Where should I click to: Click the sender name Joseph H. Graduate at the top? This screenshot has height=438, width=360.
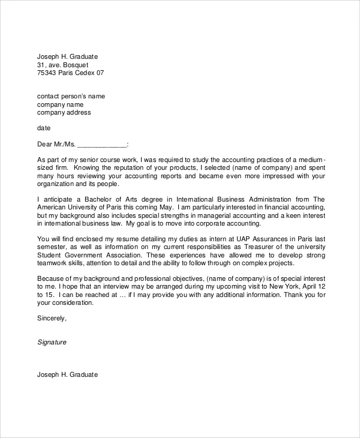(x=67, y=56)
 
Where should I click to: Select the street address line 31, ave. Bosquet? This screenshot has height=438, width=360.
(x=61, y=65)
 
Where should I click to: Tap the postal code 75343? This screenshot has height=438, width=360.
(x=47, y=73)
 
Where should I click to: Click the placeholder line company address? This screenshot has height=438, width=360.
(x=64, y=112)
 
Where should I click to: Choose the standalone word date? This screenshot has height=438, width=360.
(x=44, y=128)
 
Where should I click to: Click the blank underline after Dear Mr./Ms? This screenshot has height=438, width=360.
(x=103, y=145)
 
